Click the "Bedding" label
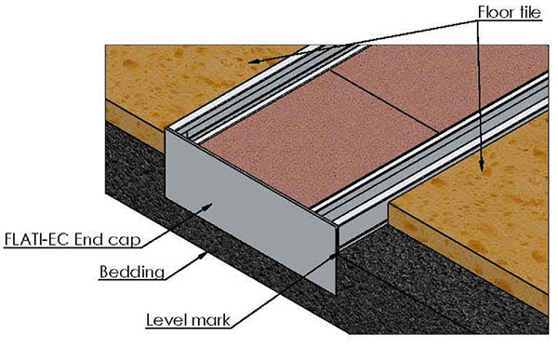132,272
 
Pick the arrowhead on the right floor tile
481,165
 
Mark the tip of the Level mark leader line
333,255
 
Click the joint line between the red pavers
385,100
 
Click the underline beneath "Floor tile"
510,21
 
